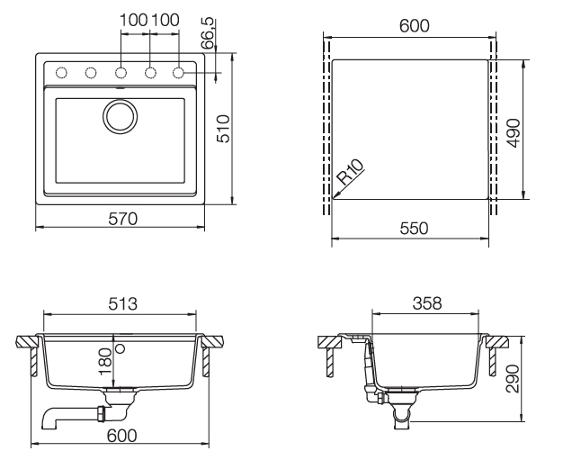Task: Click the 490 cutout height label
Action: pos(514,129)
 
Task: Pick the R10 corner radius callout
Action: pos(350,172)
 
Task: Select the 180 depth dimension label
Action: pos(106,362)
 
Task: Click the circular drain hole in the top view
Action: pos(120,115)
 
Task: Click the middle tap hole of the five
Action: pos(121,72)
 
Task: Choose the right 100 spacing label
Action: pos(165,20)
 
